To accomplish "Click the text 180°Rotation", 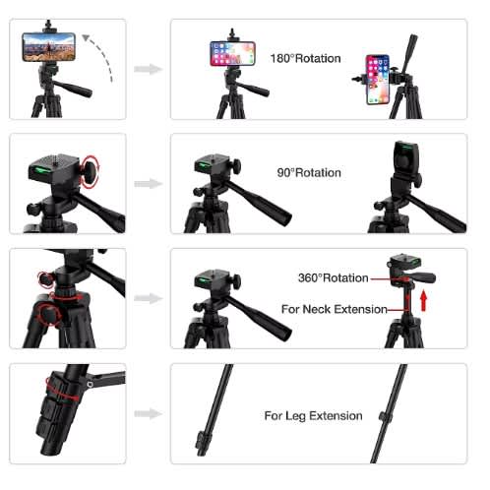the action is pyautogui.click(x=305, y=59).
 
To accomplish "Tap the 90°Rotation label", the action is pyautogui.click(x=309, y=173).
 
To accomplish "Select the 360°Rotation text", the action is pyautogui.click(x=334, y=278).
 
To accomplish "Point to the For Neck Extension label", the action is pyautogui.click(x=335, y=309).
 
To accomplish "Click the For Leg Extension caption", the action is pyautogui.click(x=313, y=416).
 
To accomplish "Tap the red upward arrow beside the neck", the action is pyautogui.click(x=424, y=300).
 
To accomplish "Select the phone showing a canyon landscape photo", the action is pyautogui.click(x=49, y=47).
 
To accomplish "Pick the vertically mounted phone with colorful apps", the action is pyautogui.click(x=378, y=80).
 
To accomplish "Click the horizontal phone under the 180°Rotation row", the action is pyautogui.click(x=232, y=53).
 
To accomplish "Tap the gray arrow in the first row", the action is pyautogui.click(x=149, y=69).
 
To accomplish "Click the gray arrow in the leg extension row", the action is pyautogui.click(x=149, y=413).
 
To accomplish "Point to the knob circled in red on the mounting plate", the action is pyautogui.click(x=90, y=172).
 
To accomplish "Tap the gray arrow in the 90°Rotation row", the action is pyautogui.click(x=149, y=184).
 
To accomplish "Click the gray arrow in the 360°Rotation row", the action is pyautogui.click(x=149, y=298).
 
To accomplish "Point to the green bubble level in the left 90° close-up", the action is pyautogui.click(x=39, y=170).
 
